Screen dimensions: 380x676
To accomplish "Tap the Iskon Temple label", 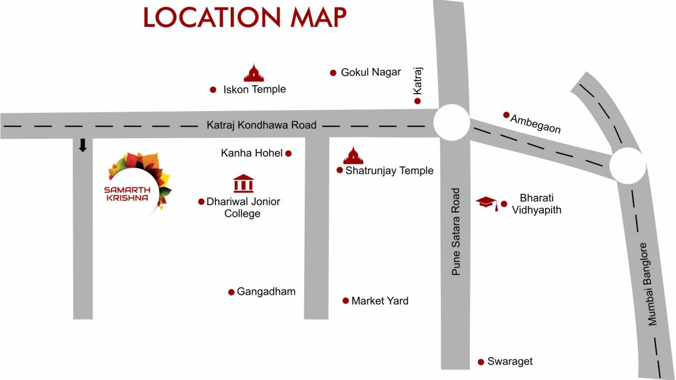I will click(x=255, y=89).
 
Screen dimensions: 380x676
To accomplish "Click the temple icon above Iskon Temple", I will click(x=254, y=73).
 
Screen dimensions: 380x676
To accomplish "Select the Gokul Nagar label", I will click(x=370, y=72).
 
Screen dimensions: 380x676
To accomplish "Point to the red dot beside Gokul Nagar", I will click(x=333, y=73).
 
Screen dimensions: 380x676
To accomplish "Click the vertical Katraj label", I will click(x=417, y=81).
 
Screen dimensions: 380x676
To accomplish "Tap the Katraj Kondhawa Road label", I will click(x=261, y=125).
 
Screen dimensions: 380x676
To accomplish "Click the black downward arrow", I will click(x=82, y=145).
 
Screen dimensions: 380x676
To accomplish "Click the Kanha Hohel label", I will click(x=251, y=153).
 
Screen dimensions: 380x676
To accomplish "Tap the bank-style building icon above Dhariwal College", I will click(x=243, y=183).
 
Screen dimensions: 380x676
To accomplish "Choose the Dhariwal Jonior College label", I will click(x=243, y=207).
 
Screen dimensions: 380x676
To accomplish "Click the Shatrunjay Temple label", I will click(x=389, y=170).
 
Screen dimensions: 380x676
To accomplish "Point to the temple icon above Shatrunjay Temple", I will click(x=353, y=156).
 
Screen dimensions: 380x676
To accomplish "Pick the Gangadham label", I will click(x=266, y=291).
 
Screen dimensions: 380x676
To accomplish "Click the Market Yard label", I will click(x=379, y=300).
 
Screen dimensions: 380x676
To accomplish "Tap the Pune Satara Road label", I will click(x=456, y=232).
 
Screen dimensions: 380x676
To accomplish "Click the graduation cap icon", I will click(x=487, y=203).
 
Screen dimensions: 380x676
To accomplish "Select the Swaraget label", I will click(x=510, y=361).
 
